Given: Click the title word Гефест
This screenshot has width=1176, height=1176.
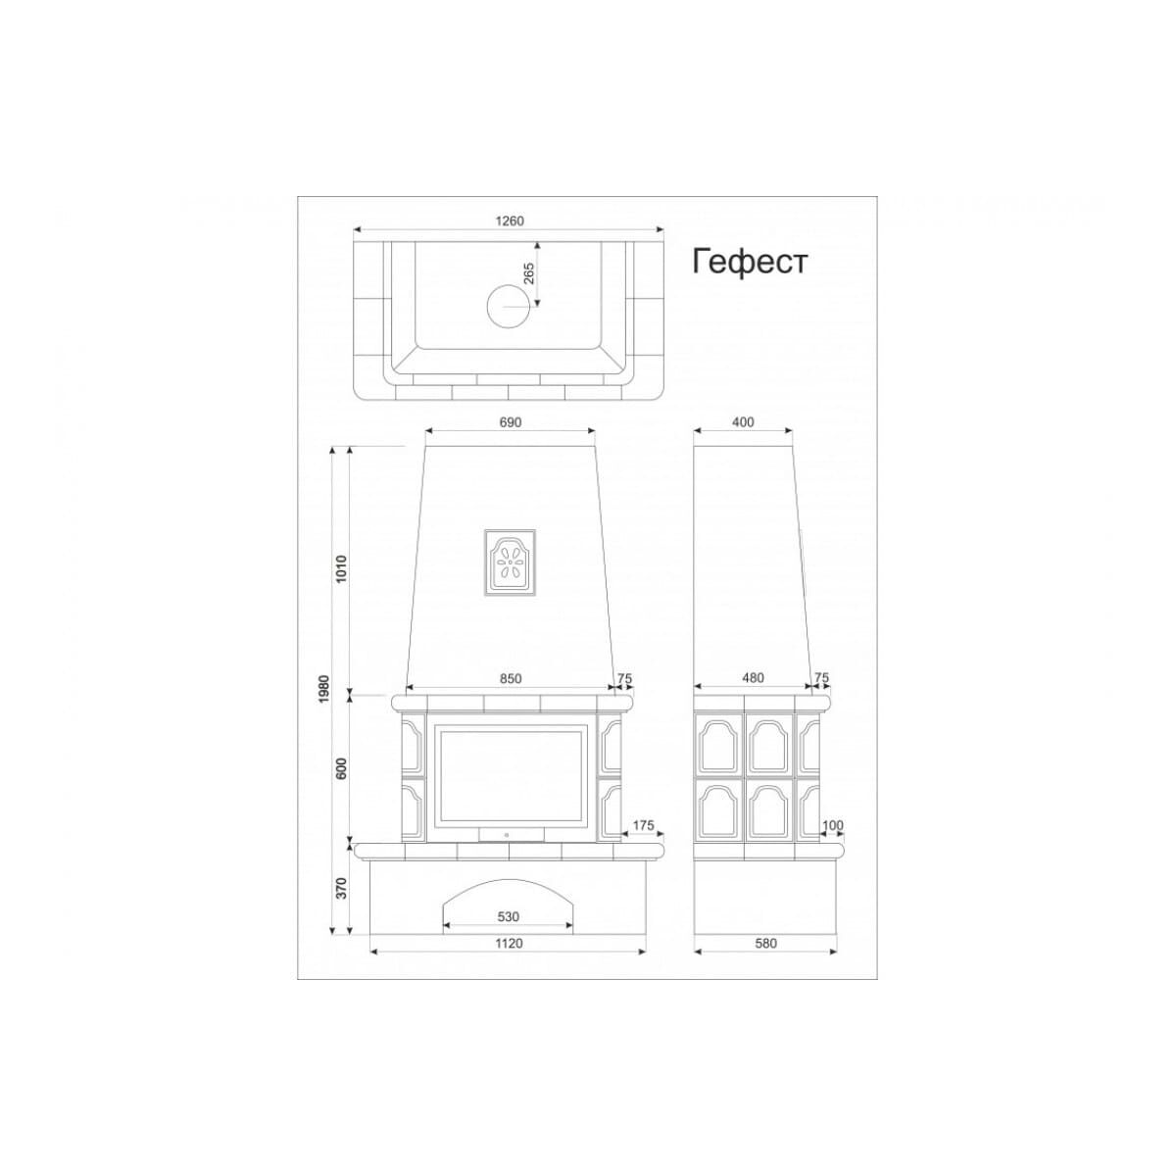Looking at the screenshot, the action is pos(750,262).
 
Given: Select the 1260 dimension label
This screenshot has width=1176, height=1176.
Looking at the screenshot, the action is pos(510,220).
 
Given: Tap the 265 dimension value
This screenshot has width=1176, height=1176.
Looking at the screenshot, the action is pos(529,272).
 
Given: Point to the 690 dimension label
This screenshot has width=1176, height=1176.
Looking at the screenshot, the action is pos(511,421).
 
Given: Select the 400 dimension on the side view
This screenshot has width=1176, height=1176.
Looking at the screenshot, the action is pos(742,421).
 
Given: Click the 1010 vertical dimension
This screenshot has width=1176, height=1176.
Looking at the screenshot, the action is pos(341,568).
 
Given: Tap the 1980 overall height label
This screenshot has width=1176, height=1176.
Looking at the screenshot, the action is pos(324,688).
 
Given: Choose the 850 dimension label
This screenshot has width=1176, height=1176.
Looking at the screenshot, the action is pos(511,678).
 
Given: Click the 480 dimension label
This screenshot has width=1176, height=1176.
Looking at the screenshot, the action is pos(753,678).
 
